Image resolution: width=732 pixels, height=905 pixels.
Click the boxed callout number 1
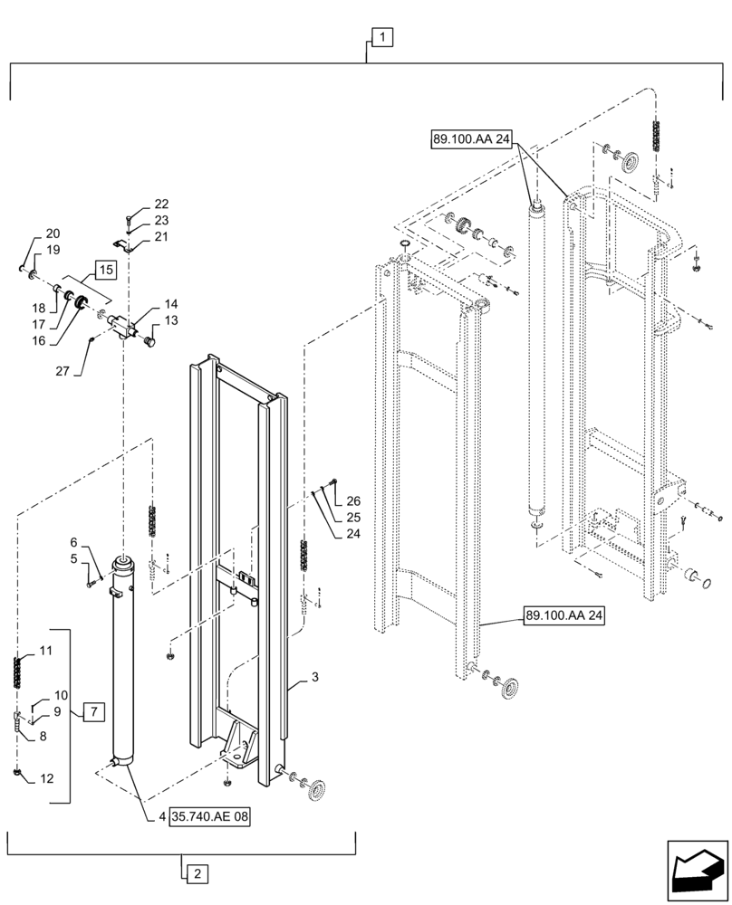click(x=382, y=37)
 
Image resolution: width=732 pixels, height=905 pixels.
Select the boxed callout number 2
click(x=196, y=874)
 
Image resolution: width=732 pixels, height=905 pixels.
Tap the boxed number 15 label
click(x=106, y=270)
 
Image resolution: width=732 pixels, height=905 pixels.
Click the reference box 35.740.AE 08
click(x=209, y=816)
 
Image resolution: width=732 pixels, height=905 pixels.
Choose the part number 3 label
click(x=314, y=676)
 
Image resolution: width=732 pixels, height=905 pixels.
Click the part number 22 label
click(x=160, y=204)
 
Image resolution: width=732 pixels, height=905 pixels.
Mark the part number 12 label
click(x=46, y=777)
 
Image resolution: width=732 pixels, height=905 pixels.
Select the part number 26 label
click(x=352, y=501)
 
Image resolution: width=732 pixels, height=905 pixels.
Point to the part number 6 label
click(x=75, y=542)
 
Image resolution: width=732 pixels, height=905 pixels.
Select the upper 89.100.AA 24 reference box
click(x=472, y=139)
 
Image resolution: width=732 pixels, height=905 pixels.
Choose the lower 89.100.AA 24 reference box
click(x=563, y=616)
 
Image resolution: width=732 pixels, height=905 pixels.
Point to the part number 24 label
click(x=352, y=534)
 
